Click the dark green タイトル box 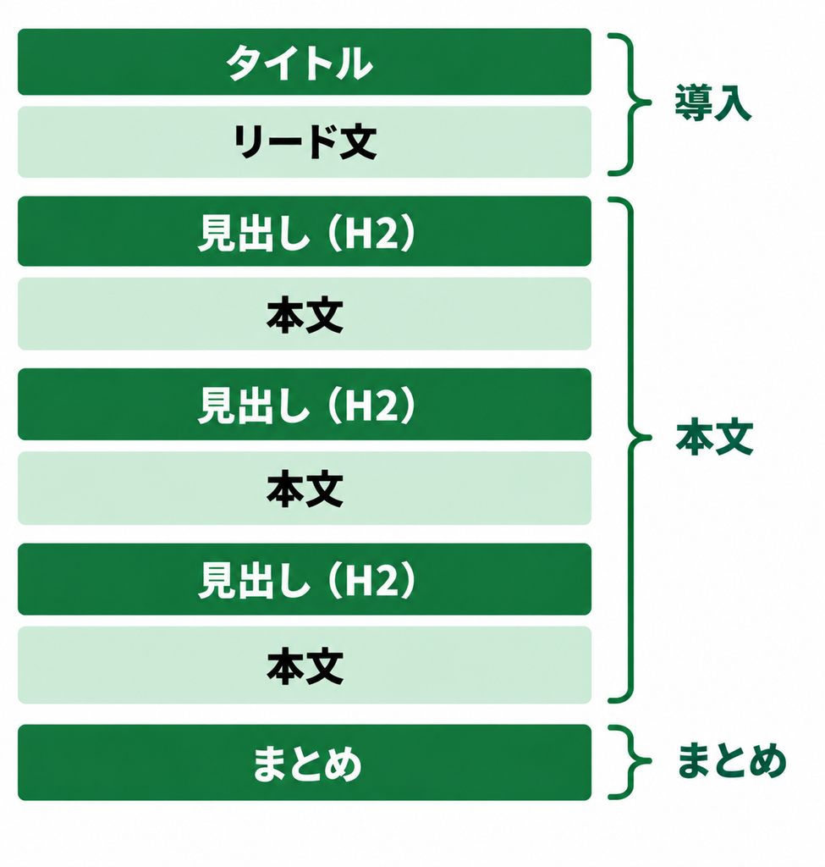[x=305, y=62]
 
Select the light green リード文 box [x=305, y=142]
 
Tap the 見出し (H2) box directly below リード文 [x=305, y=231]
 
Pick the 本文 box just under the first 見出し [x=305, y=314]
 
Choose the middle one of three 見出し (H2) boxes [x=305, y=404]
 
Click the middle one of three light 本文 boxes [x=305, y=489]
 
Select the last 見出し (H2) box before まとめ [x=305, y=579]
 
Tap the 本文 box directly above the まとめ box [x=305, y=665]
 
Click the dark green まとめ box [x=305, y=763]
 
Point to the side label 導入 [x=712, y=102]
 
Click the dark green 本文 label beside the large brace [x=714, y=437]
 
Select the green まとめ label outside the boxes [x=732, y=761]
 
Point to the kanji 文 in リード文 [x=358, y=142]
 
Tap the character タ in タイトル [x=245, y=63]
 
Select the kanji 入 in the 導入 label [x=733, y=103]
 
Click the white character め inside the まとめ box [x=343, y=764]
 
